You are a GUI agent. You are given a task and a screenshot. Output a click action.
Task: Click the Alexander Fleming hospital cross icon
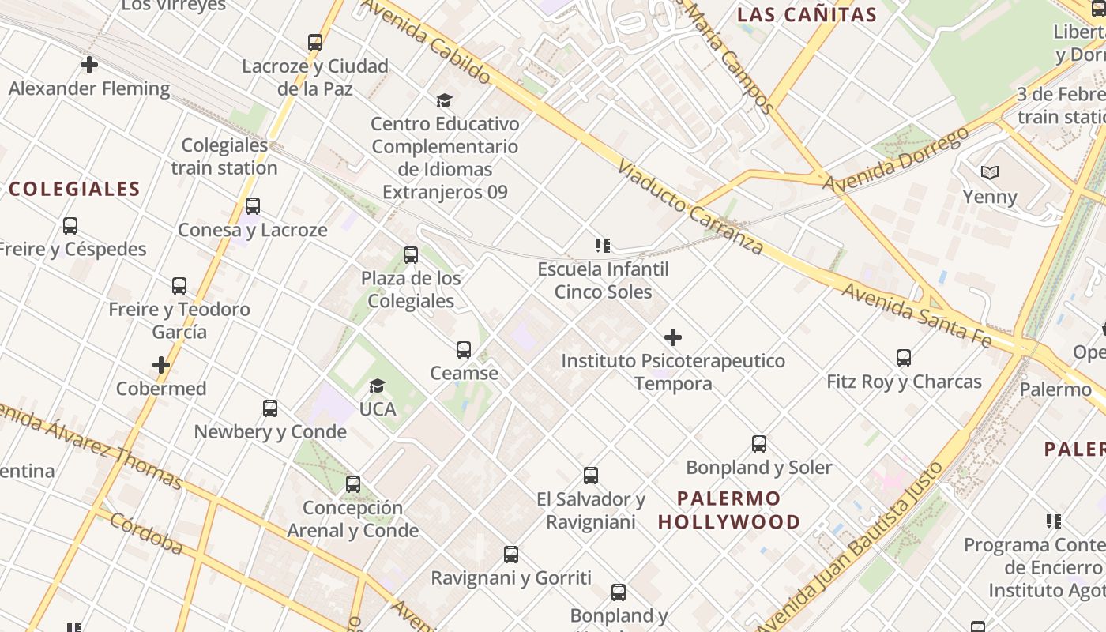click(x=89, y=65)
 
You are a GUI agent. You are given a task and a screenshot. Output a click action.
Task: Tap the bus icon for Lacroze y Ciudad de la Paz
click(x=315, y=43)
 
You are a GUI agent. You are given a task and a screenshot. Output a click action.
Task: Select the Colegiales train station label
click(x=224, y=156)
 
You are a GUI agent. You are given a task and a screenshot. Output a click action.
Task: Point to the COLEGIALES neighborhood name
click(x=74, y=189)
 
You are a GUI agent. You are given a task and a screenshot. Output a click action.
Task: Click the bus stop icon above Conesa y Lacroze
click(x=253, y=206)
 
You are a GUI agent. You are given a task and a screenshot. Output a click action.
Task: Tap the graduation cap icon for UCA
click(x=378, y=386)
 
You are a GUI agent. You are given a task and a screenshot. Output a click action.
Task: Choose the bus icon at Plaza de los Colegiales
click(x=411, y=255)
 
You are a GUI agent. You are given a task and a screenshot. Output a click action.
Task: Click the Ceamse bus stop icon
click(x=464, y=350)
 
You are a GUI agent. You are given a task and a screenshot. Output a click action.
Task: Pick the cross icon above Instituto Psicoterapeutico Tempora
click(x=673, y=338)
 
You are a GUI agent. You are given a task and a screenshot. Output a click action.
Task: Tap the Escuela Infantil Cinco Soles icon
click(x=604, y=246)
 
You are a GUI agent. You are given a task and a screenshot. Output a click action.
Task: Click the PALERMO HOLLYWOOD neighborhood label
click(x=729, y=510)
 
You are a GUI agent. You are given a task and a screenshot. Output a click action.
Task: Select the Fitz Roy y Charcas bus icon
click(x=904, y=358)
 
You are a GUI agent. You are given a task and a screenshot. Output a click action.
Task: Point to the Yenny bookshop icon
click(x=990, y=172)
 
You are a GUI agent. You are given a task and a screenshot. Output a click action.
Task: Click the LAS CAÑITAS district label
click(x=807, y=14)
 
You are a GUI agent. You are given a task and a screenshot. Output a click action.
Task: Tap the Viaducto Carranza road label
click(x=690, y=208)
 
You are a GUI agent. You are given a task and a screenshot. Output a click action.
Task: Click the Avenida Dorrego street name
click(x=896, y=160)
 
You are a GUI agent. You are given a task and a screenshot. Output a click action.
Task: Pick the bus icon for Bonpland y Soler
click(x=759, y=444)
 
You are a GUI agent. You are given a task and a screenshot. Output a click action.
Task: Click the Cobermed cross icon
click(x=161, y=365)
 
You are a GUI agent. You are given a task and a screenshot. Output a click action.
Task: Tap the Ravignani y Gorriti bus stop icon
click(x=511, y=555)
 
